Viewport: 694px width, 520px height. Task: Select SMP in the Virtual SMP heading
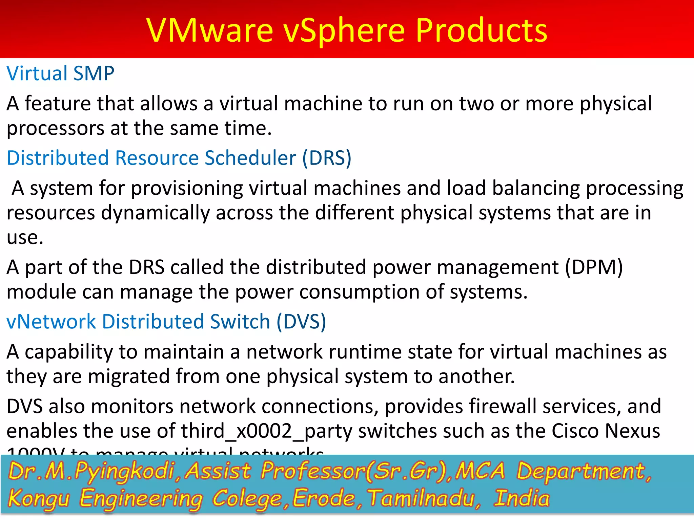coord(94,73)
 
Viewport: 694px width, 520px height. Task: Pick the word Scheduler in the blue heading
coord(250,158)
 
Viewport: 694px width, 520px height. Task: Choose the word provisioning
coord(187,189)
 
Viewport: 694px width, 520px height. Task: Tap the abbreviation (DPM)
coord(594,267)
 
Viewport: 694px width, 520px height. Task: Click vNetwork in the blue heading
coord(51,322)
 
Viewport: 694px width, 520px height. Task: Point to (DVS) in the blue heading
coord(301,322)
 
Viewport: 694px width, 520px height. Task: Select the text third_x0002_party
coord(267,431)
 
